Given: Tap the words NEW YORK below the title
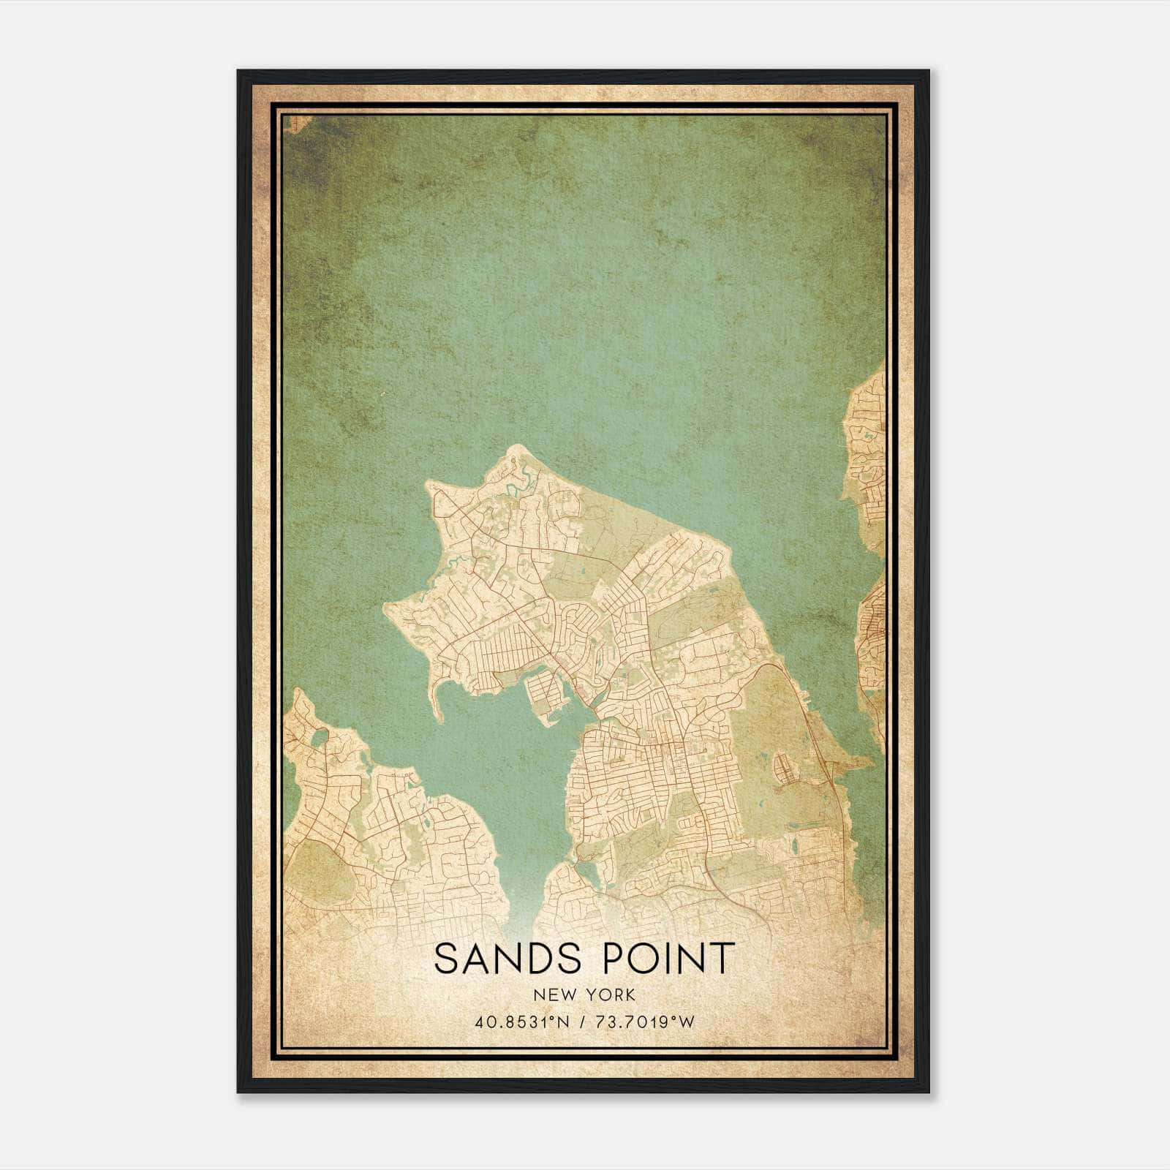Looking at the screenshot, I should tap(584, 995).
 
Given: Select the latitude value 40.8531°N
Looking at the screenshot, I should tap(521, 1022).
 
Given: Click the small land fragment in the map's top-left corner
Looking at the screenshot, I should tap(294, 123).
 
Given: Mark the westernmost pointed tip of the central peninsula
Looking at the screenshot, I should tap(385, 605).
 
